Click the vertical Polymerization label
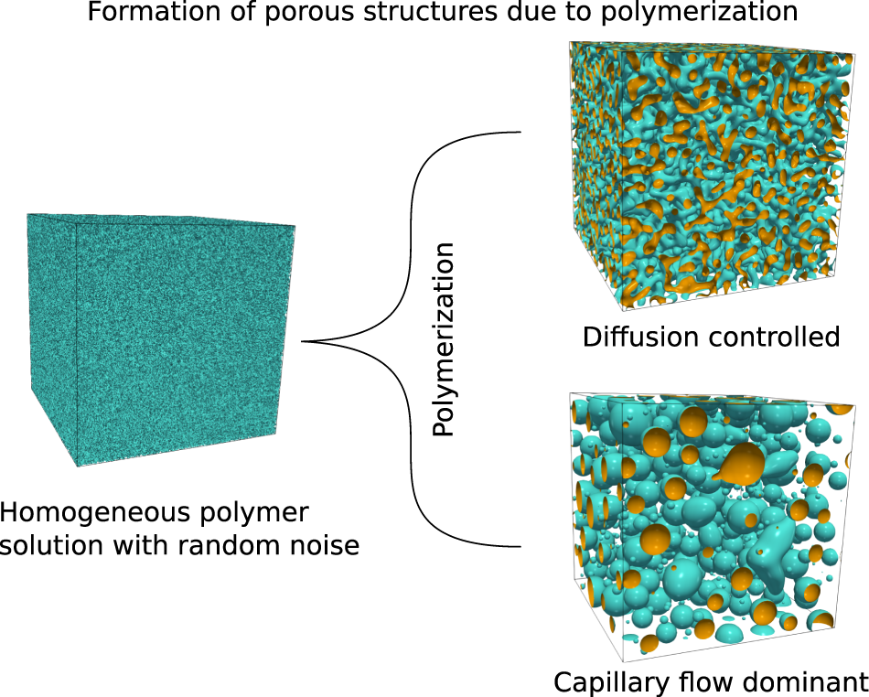tap(444, 339)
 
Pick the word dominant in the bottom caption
tap(804, 682)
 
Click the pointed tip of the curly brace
tap(303, 342)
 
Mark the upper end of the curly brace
tap(520, 132)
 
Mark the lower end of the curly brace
tap(520, 547)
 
